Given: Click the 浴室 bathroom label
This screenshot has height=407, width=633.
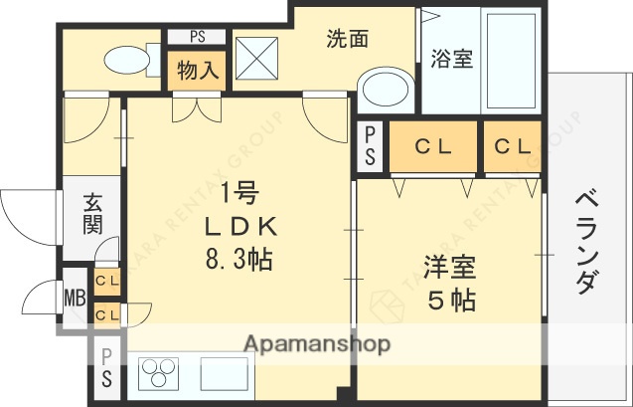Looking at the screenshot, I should pyautogui.click(x=451, y=60).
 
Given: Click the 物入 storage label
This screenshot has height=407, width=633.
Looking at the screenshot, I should pyautogui.click(x=199, y=71).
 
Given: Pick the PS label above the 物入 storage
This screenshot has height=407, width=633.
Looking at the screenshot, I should pyautogui.click(x=199, y=38).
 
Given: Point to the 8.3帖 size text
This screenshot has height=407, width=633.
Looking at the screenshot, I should pyautogui.click(x=238, y=261).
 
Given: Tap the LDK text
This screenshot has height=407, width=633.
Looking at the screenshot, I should pyautogui.click(x=238, y=227).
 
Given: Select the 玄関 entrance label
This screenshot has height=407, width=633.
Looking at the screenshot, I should pyautogui.click(x=91, y=212).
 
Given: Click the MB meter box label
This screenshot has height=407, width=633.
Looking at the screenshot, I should pyautogui.click(x=76, y=298).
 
